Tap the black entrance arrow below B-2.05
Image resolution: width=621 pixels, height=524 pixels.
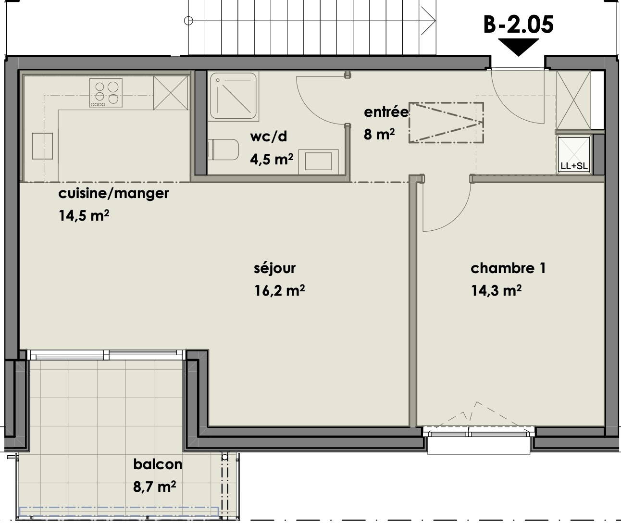[x=518, y=47]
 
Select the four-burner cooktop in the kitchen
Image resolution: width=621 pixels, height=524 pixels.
[x=106, y=93]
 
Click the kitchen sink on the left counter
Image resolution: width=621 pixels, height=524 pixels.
[x=42, y=146]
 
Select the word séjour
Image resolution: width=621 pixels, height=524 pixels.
[x=274, y=268]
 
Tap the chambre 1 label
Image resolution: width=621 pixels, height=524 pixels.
[x=508, y=268]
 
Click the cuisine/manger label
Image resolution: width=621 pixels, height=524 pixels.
[x=113, y=194]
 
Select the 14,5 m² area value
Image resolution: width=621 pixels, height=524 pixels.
[x=84, y=215]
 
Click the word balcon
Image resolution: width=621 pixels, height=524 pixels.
[x=158, y=464]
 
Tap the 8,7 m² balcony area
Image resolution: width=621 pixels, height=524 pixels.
[x=154, y=487]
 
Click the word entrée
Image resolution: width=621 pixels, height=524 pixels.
[x=386, y=112]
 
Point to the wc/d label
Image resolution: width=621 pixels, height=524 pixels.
[x=268, y=137]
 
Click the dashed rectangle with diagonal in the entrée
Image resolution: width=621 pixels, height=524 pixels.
[x=446, y=122]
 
